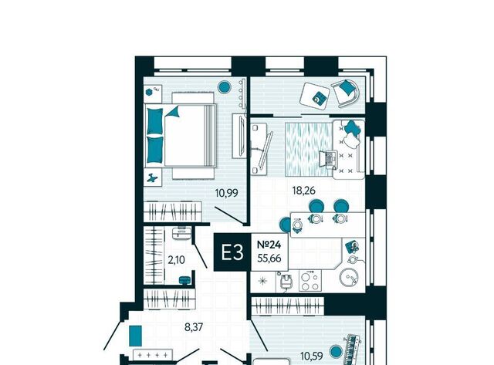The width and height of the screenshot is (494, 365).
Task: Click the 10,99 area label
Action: (226, 193)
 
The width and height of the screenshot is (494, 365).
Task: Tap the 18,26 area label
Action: (303, 191)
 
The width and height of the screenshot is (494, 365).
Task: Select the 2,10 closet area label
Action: (176, 260)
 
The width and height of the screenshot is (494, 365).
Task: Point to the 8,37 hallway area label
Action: (194, 327)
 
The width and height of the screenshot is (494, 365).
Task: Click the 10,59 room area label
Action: (312, 357)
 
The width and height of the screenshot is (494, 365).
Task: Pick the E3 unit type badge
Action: (232, 252)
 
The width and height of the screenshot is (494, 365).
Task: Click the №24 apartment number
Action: (269, 245)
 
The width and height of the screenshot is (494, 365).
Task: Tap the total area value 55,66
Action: (269, 259)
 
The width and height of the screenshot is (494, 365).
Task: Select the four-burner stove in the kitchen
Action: (310, 281)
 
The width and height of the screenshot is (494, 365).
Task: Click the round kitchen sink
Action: (349, 278)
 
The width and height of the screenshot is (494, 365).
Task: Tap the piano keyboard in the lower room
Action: (353, 349)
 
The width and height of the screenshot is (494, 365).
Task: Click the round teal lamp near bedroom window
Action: (225, 86)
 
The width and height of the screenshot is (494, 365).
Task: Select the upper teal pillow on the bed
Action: (155, 120)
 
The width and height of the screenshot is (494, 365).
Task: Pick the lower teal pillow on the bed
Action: (155, 149)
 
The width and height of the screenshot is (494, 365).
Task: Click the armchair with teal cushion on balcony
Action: (346, 93)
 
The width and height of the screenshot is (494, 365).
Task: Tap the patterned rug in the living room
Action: (309, 149)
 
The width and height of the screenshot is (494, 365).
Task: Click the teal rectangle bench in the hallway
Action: (136, 336)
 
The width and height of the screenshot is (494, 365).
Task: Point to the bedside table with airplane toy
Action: (153, 177)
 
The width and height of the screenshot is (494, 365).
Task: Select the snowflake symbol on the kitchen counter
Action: (262, 281)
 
